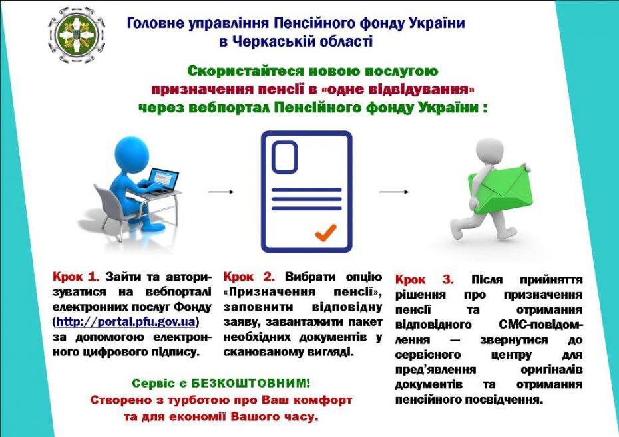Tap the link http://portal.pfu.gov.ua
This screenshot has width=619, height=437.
(128, 322)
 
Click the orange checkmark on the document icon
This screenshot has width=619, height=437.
(325, 232)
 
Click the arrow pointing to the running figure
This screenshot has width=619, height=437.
(394, 192)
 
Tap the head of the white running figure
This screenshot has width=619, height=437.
(491, 151)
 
